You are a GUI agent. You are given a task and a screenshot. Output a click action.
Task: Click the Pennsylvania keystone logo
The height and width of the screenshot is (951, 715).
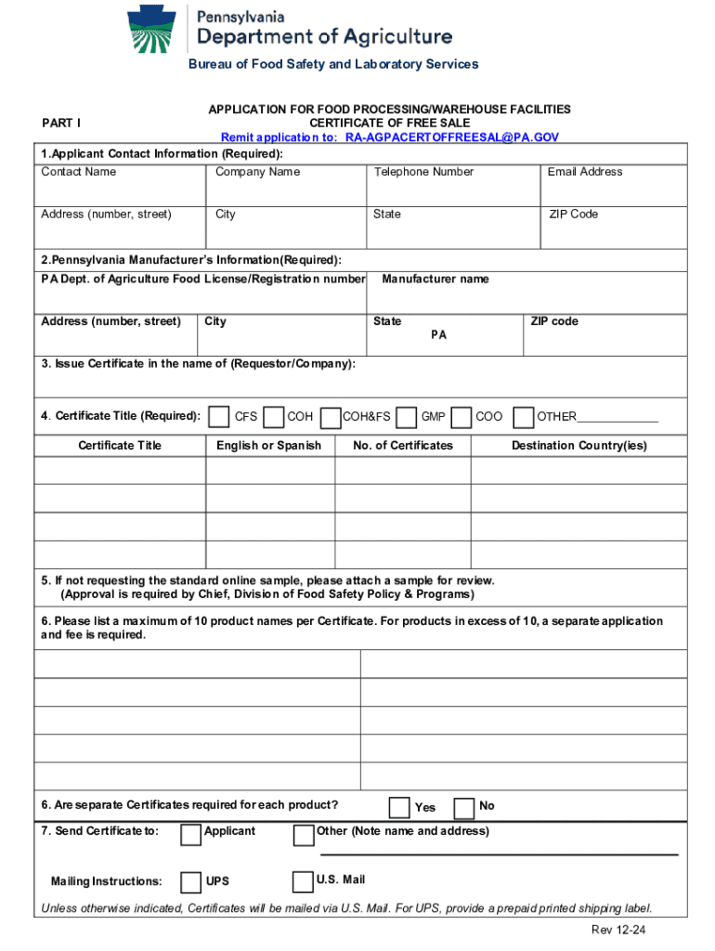point(154,30)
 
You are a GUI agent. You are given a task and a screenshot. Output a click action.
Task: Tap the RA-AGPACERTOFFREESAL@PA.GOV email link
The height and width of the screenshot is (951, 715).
point(452,137)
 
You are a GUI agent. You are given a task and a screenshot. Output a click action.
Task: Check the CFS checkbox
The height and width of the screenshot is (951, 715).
point(220,416)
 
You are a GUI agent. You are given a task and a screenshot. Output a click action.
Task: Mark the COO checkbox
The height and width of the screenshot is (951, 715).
point(460,416)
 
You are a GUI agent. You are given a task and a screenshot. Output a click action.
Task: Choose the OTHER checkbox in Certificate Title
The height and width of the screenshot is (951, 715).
point(523,416)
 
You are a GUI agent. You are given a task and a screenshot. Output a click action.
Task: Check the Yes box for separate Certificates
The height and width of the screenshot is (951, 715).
point(399,806)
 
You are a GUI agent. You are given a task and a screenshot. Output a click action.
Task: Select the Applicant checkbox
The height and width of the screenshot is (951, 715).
point(190,835)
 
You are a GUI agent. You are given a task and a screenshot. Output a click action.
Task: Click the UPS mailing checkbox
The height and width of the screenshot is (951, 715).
point(190,881)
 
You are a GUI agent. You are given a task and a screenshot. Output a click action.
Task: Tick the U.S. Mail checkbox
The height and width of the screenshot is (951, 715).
point(302,881)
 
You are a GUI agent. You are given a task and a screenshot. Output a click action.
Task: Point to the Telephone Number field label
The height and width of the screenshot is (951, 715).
point(423,172)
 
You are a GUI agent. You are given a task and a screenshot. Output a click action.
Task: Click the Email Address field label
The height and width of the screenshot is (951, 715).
point(585,172)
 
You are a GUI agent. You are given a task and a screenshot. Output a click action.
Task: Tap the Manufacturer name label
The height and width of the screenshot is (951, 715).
point(435,279)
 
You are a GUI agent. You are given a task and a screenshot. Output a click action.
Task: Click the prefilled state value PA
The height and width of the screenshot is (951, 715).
point(438,335)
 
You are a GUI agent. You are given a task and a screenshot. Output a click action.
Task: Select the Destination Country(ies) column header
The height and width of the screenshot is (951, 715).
point(579,446)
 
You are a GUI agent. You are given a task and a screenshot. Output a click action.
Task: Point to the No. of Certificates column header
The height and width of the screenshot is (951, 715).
point(403,446)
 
